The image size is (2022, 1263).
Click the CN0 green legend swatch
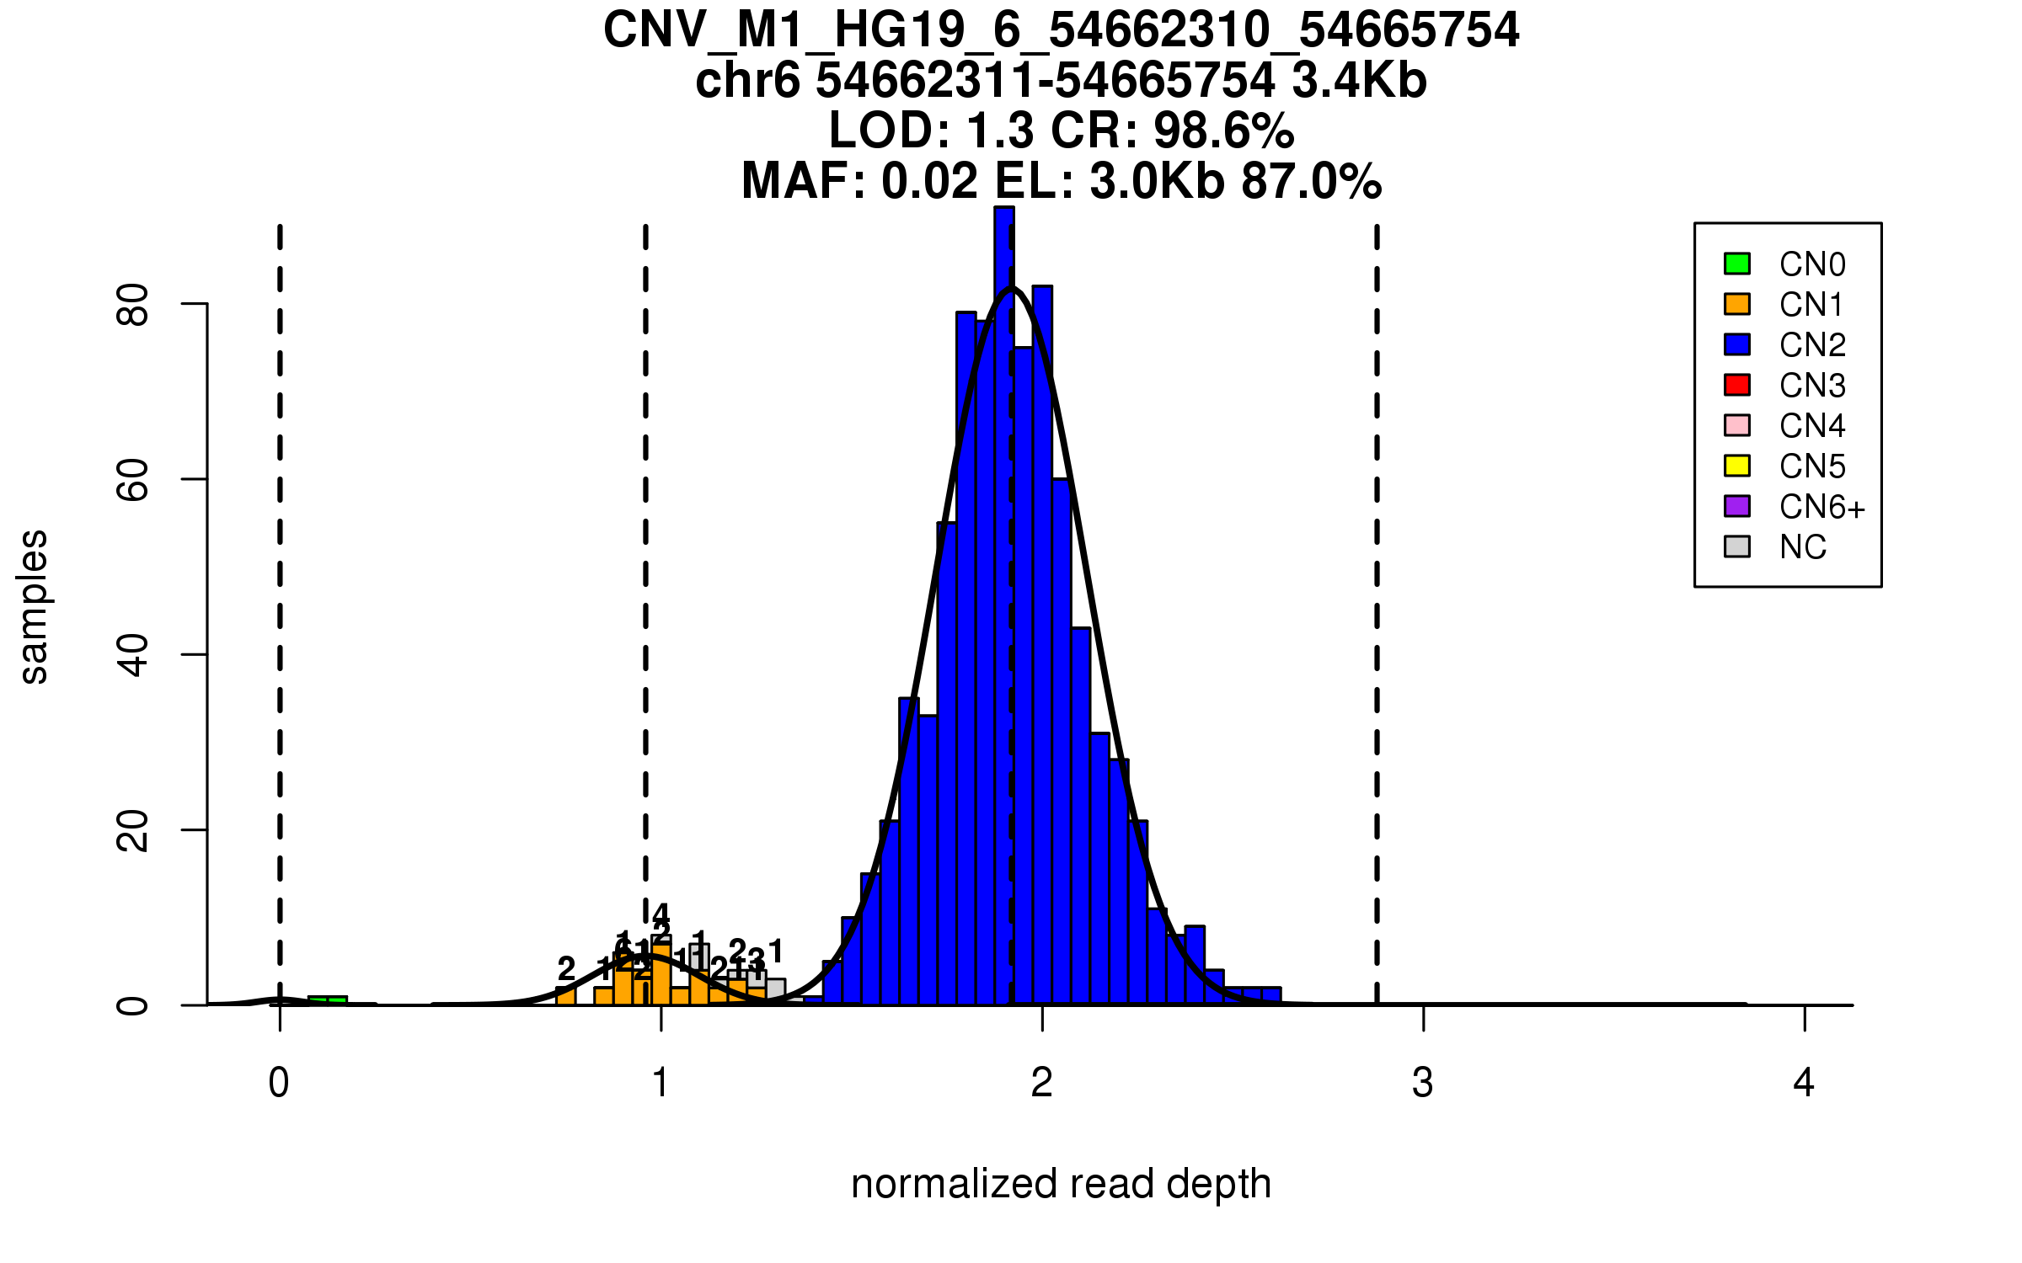tap(1737, 264)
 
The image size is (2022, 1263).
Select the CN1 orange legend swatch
tap(1737, 304)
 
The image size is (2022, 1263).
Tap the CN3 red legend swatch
tap(1737, 385)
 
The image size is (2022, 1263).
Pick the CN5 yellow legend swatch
tap(1737, 466)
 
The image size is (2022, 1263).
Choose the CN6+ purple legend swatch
tap(1737, 506)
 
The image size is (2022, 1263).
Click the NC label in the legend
tap(1802, 547)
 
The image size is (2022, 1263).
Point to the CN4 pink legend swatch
tap(1737, 425)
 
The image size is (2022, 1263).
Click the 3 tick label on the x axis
tap(1422, 1083)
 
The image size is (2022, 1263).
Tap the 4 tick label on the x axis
tap(1804, 1083)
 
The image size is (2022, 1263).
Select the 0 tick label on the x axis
tap(279, 1083)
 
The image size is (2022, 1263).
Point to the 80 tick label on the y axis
tap(133, 304)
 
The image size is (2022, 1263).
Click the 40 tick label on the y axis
tap(133, 654)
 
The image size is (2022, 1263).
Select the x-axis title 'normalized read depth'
tap(1061, 1184)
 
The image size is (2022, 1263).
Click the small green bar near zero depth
tap(328, 1000)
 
